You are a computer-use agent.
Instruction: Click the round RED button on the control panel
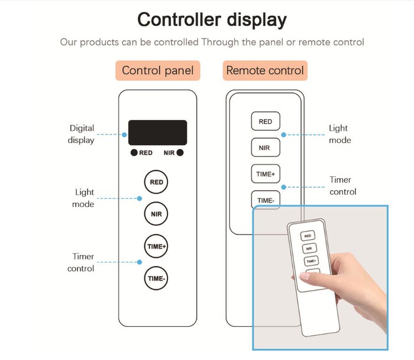click(156, 182)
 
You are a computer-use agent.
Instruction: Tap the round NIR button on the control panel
click(156, 213)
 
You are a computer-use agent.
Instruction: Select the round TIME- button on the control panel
click(156, 277)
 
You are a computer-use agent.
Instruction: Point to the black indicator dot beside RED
click(135, 153)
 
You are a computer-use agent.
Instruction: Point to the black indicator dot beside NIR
click(180, 153)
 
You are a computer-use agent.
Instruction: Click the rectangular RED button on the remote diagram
click(266, 121)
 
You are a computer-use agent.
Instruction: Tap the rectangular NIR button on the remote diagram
click(266, 147)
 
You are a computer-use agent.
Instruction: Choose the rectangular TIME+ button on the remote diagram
click(266, 174)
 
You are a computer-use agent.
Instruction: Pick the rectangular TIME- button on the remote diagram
click(266, 200)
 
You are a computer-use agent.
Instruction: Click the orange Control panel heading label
click(157, 71)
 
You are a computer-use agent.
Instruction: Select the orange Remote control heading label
click(265, 71)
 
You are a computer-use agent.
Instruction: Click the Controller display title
click(212, 20)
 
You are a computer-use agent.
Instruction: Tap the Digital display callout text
click(82, 134)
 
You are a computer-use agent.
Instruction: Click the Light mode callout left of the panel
click(85, 198)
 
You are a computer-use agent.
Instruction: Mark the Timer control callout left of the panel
click(83, 262)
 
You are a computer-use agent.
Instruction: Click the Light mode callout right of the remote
click(339, 134)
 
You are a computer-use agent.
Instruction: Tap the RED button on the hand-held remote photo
click(309, 236)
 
